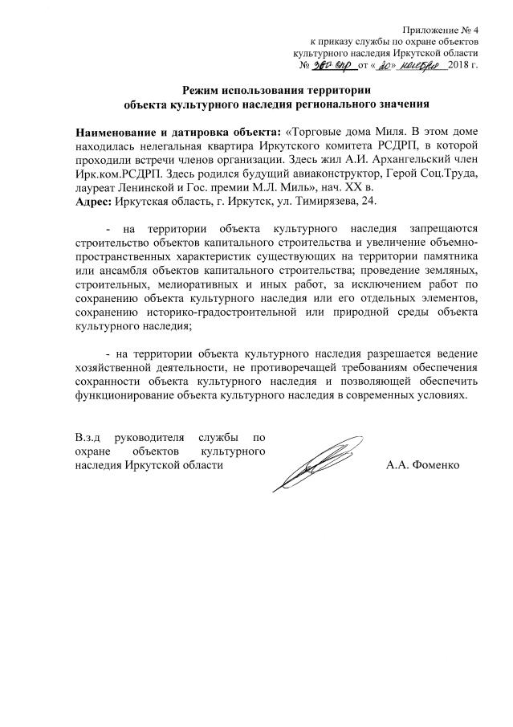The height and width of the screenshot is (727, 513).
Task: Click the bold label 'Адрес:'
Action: (93, 201)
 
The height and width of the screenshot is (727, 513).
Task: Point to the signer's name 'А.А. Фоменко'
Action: (422, 466)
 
